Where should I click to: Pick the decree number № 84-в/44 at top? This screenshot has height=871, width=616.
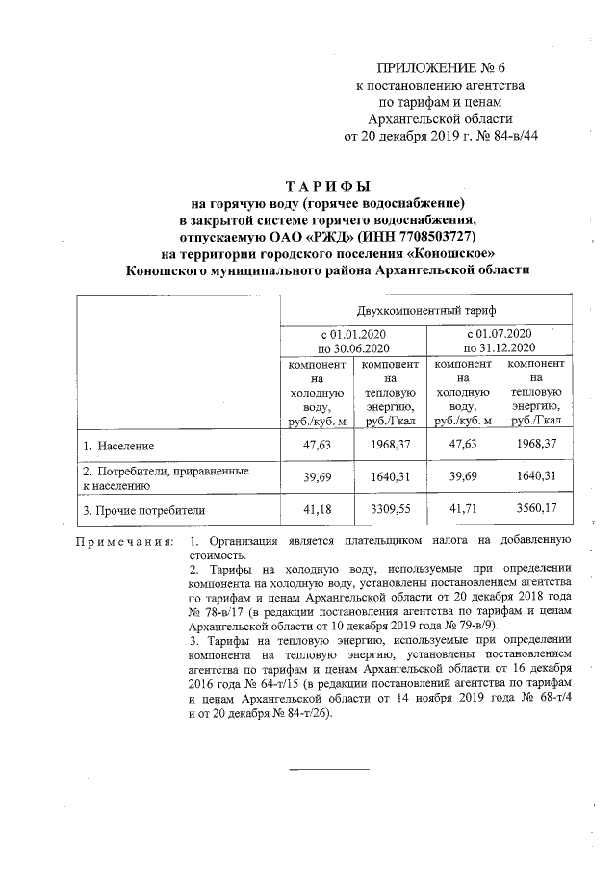503,137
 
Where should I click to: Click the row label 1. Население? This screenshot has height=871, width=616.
118,448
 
